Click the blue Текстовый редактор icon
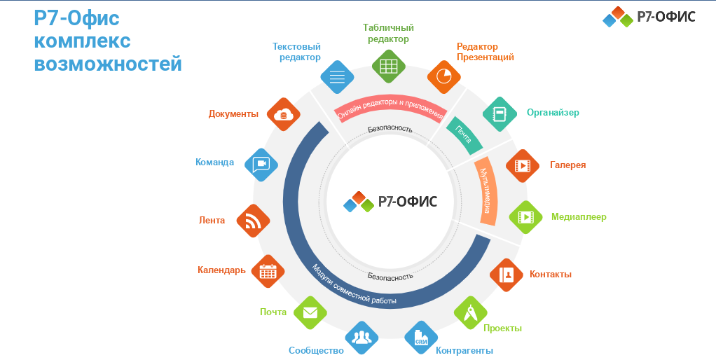(336, 76)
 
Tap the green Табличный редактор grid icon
(388, 67)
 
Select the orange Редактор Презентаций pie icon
(443, 76)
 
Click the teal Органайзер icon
(500, 113)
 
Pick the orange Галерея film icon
(523, 165)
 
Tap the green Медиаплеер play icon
(525, 218)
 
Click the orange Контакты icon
(507, 275)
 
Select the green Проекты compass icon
(471, 312)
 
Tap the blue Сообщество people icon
(362, 338)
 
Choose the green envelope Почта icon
(310, 312)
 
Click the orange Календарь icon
(268, 271)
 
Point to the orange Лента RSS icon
(253, 221)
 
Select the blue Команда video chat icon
(261, 164)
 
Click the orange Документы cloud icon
(283, 114)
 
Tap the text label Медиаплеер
(579, 217)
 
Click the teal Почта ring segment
(464, 134)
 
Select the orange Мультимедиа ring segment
(488, 191)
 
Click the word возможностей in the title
(108, 64)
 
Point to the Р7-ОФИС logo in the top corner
(649, 16)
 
